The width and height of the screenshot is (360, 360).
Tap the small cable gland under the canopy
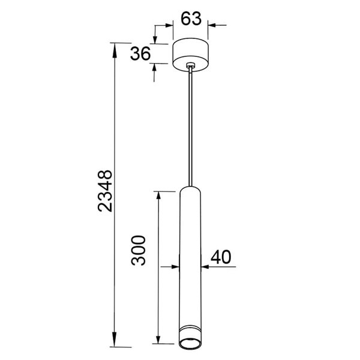tap(190, 67)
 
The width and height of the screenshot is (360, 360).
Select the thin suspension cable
tap(190, 126)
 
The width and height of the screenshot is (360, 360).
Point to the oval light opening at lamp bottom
tap(190, 343)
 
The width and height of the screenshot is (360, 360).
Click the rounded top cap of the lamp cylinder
tap(190, 188)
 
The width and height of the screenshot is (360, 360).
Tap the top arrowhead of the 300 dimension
tap(158, 196)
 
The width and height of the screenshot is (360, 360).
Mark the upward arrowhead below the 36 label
tap(155, 68)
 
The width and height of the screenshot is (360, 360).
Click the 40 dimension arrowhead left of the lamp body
tap(175, 265)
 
